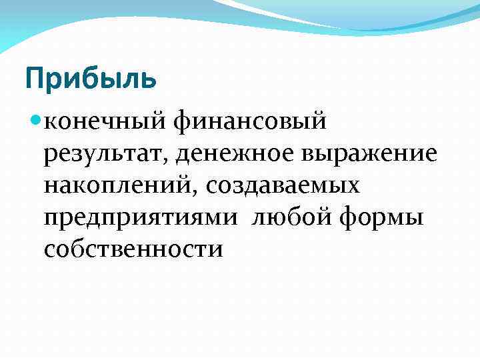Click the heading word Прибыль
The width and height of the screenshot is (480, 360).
91,79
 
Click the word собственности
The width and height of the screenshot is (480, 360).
133,249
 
